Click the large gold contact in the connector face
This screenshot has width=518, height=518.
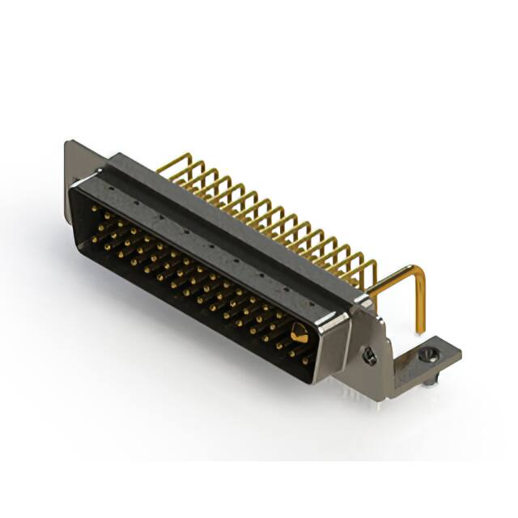pyautogui.click(x=299, y=332)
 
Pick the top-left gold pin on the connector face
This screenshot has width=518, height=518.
pyautogui.click(x=95, y=209)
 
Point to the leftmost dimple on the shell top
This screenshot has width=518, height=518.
pyautogui.click(x=134, y=195)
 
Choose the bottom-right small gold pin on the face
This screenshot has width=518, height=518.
pyautogui.click(x=306, y=362)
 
